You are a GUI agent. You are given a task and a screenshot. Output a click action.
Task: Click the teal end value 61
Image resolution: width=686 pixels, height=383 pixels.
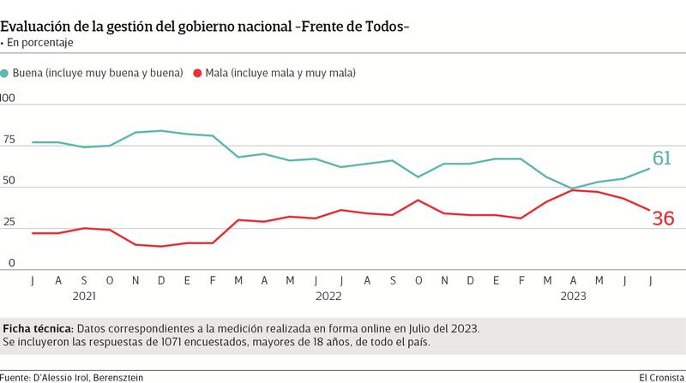tap(662, 159)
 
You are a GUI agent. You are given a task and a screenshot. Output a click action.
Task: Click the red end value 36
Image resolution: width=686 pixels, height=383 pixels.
tap(663, 218)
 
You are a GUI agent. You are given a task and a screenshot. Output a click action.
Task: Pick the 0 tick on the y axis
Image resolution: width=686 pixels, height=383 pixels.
tap(11, 263)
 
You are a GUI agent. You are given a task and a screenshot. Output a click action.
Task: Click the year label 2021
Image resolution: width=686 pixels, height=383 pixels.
tap(83, 296)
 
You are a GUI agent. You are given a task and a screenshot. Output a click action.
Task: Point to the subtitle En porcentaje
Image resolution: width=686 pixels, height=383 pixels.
tap(40, 43)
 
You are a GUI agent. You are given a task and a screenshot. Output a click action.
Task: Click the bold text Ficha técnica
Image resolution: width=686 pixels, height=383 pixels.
tap(39, 328)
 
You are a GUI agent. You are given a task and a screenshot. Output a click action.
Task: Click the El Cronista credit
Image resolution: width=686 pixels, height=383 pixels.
tap(660, 377)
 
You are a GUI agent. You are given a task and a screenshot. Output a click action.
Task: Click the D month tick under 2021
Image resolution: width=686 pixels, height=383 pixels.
tap(161, 280)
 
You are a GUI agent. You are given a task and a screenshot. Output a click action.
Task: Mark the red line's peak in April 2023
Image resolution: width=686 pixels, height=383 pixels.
tap(572, 190)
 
